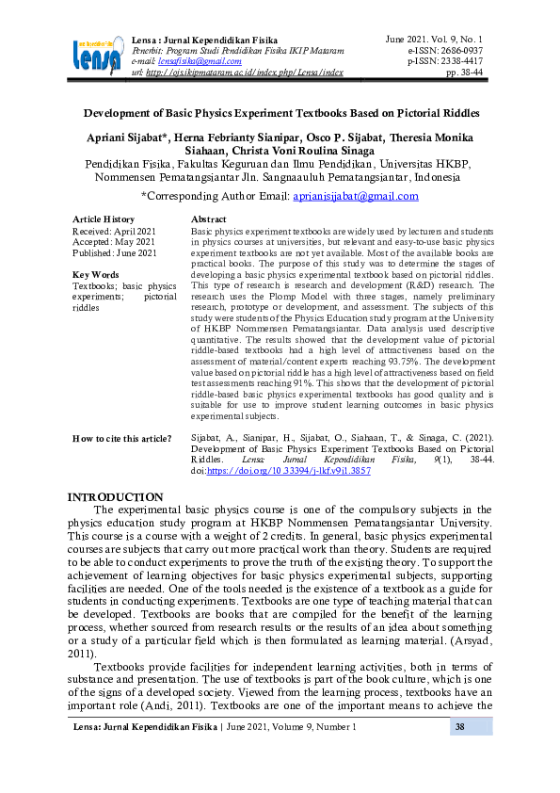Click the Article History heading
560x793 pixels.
[x=104, y=218]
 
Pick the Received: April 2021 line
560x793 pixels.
[x=114, y=231]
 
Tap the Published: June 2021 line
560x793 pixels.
[x=115, y=253]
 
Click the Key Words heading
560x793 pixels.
[x=95, y=275]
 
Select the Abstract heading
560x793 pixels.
[x=209, y=218]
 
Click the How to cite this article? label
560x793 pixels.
[x=122, y=439]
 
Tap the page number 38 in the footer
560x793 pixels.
[x=460, y=727]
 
